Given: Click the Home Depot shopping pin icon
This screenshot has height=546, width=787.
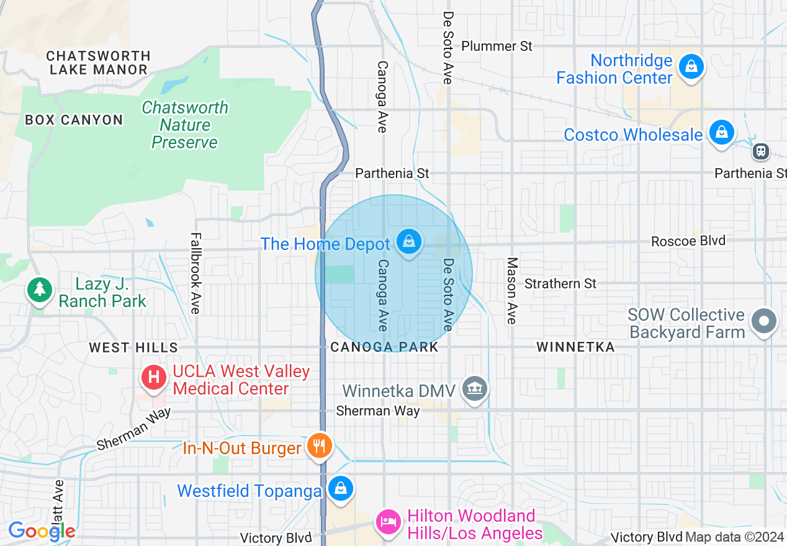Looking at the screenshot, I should pos(408,242).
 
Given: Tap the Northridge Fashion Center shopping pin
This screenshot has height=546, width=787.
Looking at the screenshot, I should pos(690,66).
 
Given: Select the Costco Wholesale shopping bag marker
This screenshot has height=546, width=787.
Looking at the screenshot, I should pos(721,133).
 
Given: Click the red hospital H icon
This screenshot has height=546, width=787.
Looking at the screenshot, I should pos(153,377).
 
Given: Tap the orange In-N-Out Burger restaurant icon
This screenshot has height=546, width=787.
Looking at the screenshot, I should pos(319,445).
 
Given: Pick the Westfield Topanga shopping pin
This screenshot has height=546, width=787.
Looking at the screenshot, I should pos(340,488).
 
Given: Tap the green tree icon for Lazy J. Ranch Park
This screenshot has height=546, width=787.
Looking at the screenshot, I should pos(40,290).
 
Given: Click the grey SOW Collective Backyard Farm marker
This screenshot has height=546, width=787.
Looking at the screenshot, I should pos(764,321).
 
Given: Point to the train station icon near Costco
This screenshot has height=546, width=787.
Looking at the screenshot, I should pos(761,151).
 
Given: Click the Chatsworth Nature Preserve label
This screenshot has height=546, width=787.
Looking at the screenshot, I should pos(185,125).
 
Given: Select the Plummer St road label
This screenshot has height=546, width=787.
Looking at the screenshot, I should pos(497,46).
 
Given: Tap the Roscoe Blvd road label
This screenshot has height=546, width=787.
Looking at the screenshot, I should pos(688,241).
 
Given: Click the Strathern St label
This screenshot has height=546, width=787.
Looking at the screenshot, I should pos(560,284).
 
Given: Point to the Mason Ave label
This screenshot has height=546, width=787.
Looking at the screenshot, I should pos(511,291).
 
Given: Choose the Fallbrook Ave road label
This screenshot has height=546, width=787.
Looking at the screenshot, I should pos(196,273).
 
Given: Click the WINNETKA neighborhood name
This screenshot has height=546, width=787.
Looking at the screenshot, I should pos(575,347).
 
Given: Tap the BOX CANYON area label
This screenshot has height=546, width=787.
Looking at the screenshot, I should pos(74,120).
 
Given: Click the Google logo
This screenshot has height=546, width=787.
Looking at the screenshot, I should pos(42,531).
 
